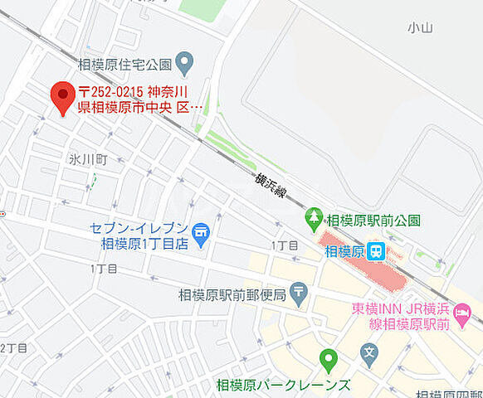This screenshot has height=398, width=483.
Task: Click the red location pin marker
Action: point(62,97)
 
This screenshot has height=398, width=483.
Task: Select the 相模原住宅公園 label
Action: point(124,63)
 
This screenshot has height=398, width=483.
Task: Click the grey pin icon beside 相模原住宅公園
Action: point(184,61)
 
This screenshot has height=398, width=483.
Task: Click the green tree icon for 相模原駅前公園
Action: point(315,219)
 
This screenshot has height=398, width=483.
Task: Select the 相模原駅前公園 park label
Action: point(373,221)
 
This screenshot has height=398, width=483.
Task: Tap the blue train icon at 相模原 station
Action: point(377,250)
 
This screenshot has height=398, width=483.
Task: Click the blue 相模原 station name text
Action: point(344,251)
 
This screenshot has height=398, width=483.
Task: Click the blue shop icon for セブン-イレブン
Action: point(199,232)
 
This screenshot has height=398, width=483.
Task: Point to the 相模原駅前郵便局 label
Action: point(232,294)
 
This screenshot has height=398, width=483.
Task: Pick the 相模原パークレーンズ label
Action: point(283,385)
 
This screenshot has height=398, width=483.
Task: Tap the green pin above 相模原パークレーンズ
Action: point(329,360)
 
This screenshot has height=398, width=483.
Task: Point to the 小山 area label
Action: point(420,27)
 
